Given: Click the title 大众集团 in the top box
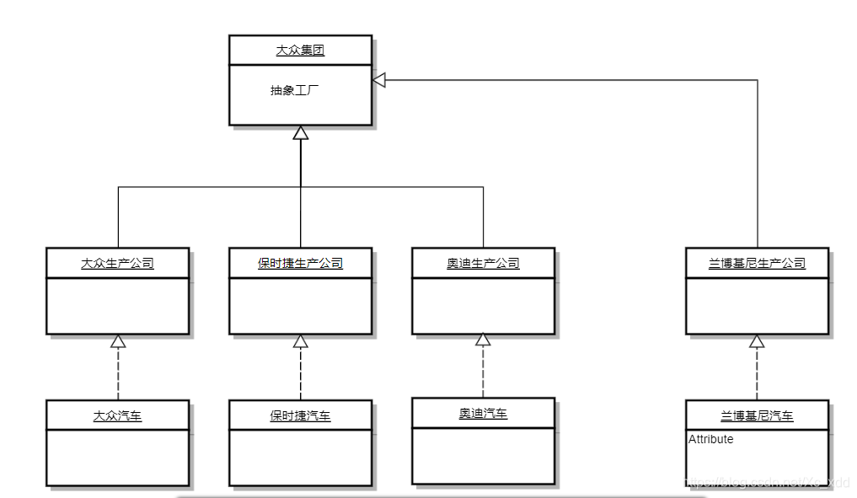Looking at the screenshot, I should [300, 51].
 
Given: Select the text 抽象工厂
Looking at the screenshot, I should [294, 90].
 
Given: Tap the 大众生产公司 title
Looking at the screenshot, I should [117, 264].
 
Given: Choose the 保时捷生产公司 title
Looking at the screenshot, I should [300, 264].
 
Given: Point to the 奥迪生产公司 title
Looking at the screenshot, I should [483, 264].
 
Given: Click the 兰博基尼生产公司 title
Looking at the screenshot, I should [757, 264].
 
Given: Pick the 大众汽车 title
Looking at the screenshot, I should [117, 415].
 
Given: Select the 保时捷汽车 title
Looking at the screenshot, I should [300, 415].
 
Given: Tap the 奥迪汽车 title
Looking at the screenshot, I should [483, 413].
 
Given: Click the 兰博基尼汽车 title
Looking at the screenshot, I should [757, 415].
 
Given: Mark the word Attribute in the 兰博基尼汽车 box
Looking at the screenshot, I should [710, 439].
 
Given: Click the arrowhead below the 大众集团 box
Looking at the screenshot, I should [301, 132].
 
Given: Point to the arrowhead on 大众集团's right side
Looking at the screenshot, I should [379, 80].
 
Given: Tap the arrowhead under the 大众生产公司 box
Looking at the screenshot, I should [118, 341].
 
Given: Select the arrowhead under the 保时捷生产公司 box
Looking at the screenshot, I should [301, 341].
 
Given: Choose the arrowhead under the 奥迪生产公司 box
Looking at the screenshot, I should [483, 340].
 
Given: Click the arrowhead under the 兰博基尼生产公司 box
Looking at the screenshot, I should [757, 341].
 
